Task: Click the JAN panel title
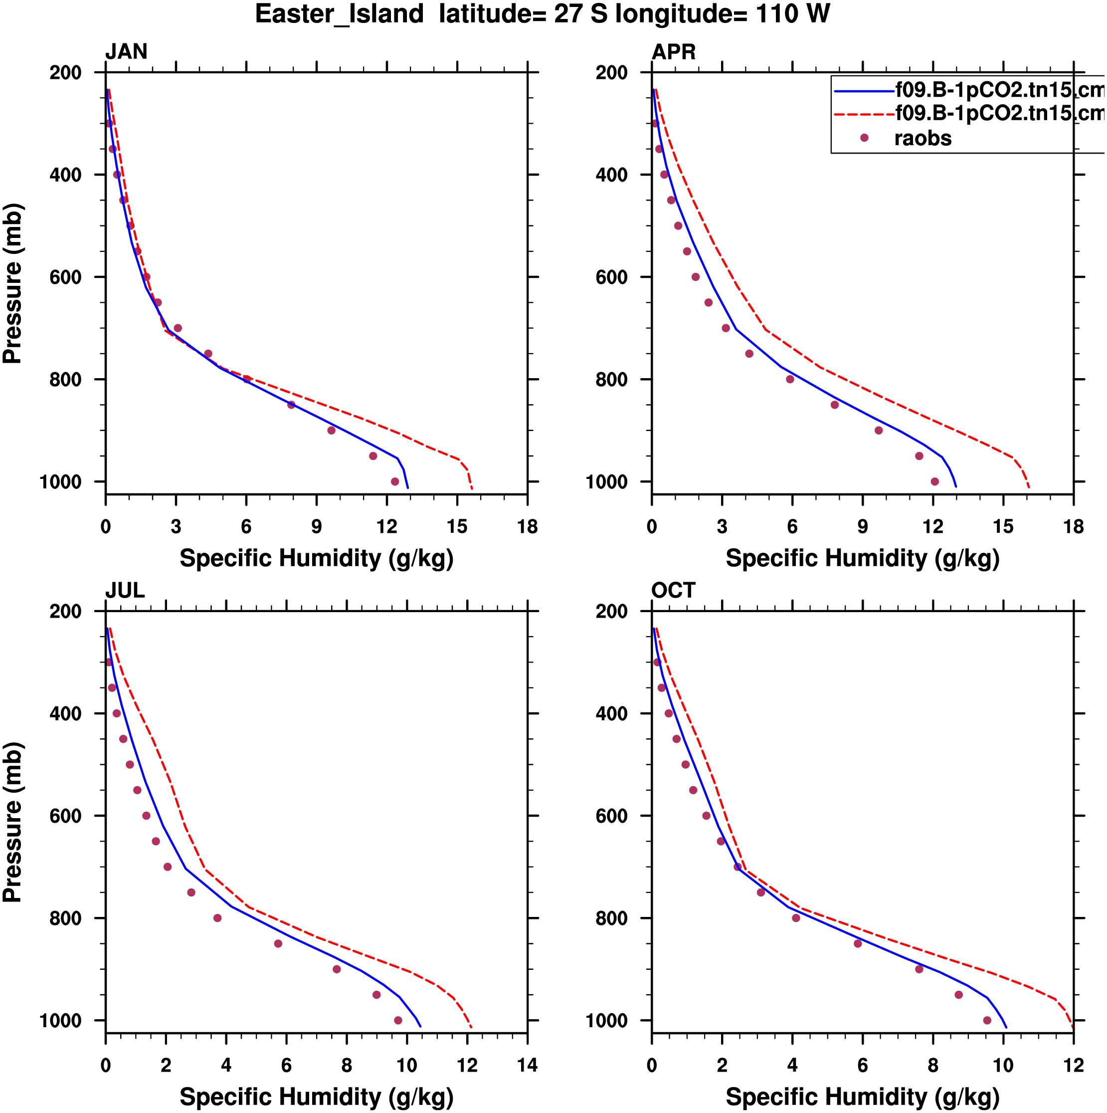coord(126,52)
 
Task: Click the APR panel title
coord(673,52)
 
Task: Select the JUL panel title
coord(124,591)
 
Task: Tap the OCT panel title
coord(673,591)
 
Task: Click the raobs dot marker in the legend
coord(864,138)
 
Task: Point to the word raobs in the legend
coord(922,139)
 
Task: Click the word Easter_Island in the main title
coord(339,14)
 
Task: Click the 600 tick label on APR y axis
coord(612,277)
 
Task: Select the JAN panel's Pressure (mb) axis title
coord(12,283)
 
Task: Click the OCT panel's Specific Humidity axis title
coord(862,1098)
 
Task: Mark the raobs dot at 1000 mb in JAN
coord(395,481)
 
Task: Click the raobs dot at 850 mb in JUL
coord(278,944)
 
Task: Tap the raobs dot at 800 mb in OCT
coord(796,918)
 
